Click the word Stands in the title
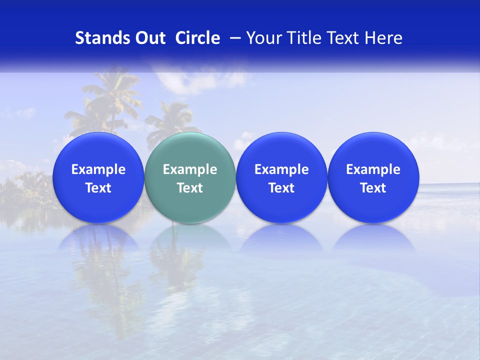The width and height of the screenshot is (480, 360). point(101,38)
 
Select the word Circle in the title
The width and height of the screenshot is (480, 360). point(197,38)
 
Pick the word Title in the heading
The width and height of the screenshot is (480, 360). point(301,38)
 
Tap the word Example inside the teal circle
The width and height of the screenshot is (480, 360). point(190,169)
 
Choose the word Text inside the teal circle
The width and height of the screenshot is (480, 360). point(190,188)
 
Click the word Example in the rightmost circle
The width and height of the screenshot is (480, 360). point(373,169)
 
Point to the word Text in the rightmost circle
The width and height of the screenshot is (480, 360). point(373,188)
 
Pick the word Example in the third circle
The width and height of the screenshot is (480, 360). point(281,169)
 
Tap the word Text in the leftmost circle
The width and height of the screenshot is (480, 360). point(98,188)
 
